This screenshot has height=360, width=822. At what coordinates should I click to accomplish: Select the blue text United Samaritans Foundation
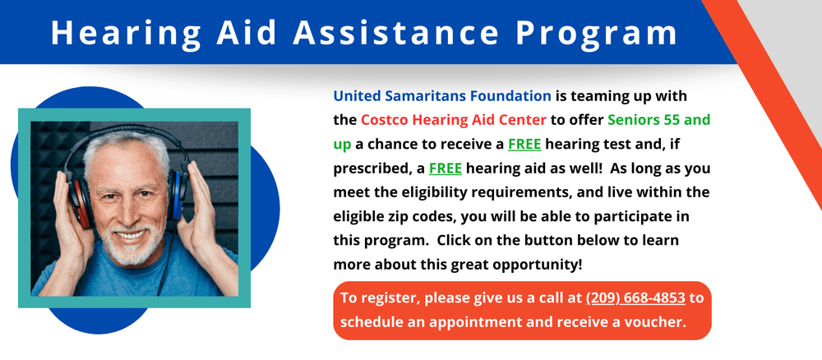point(442,95)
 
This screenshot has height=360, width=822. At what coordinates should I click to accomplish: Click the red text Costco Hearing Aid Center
point(454,119)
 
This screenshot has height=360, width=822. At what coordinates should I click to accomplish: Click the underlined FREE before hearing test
point(524,144)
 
